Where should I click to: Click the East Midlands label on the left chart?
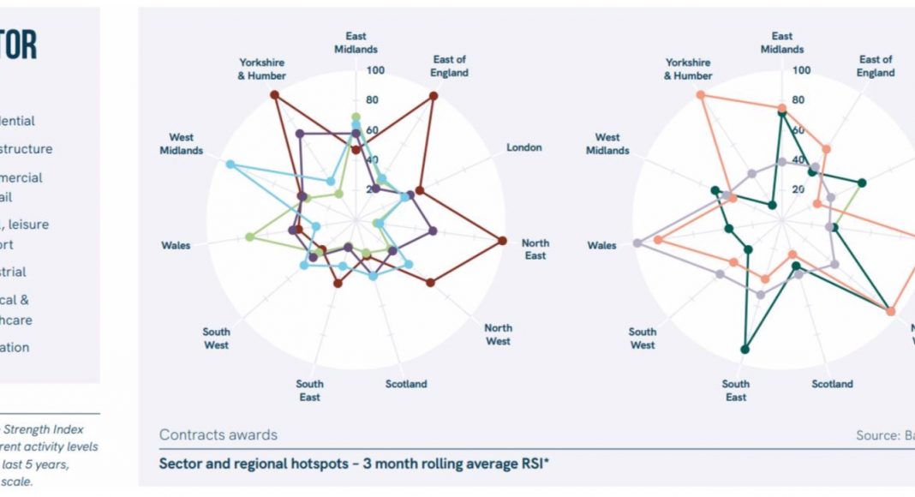click(356, 43)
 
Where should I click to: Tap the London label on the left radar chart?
click(523, 147)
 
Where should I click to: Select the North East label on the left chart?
click(535, 249)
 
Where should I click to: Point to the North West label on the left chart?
click(498, 334)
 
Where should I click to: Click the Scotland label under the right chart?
click(832, 384)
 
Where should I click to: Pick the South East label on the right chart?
click(735, 390)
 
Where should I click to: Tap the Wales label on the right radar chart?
click(601, 245)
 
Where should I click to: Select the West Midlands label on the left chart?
click(181, 143)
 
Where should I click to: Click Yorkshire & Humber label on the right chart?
click(688, 69)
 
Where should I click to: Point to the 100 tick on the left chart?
click(375, 70)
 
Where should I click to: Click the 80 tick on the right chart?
click(798, 100)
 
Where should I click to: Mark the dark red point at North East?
click(502, 241)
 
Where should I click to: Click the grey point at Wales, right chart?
click(637, 243)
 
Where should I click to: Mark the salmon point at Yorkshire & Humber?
click(701, 95)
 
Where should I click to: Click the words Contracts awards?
click(218, 435)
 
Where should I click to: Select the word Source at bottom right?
click(874, 435)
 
